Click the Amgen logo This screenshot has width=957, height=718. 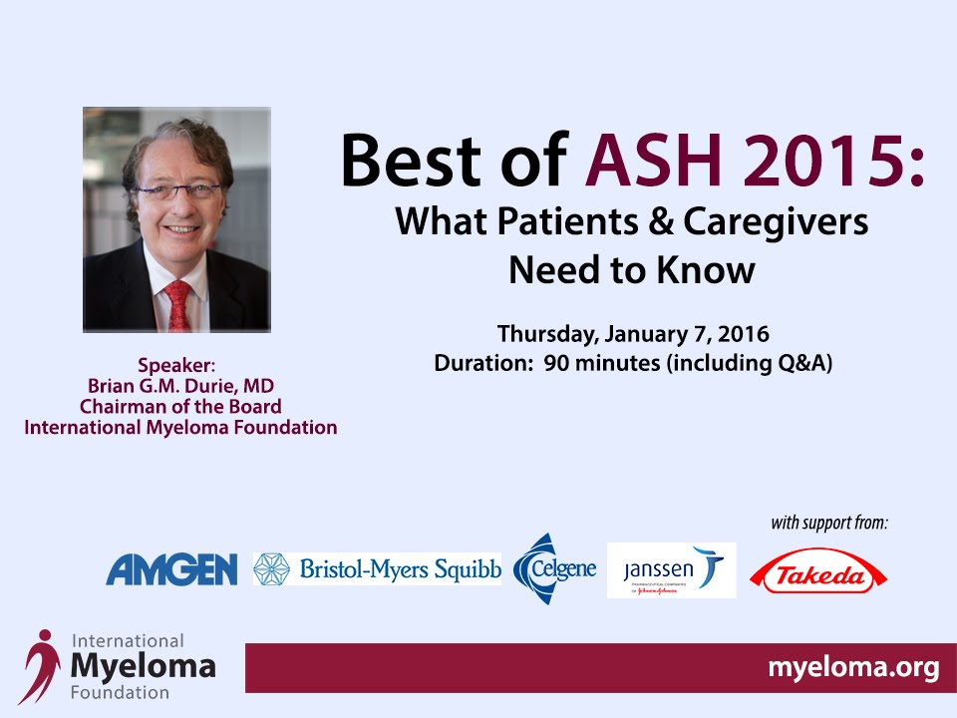pos(171,569)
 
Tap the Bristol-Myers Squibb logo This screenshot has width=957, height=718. pos(377,569)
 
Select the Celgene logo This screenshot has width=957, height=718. pos(554,569)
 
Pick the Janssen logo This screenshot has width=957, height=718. pos(671,570)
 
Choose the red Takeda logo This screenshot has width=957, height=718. pos(817,571)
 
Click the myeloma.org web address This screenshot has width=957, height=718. pos(853,667)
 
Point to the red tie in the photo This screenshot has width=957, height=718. pos(177,306)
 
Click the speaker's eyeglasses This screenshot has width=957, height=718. pos(178,190)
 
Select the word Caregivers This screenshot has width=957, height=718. pos(776,222)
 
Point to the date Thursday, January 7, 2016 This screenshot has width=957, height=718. pos(633,334)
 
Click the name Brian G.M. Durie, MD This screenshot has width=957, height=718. pos(180,386)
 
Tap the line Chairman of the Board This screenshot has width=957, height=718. pos(180,407)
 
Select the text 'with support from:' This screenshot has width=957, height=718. pos(829,524)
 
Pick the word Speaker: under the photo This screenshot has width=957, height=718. pos(176,365)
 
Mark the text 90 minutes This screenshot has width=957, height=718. pos(602,363)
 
